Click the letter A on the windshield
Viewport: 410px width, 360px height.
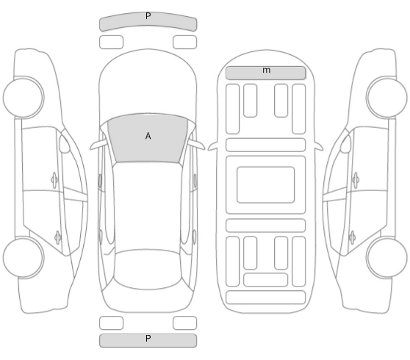tap(148, 136)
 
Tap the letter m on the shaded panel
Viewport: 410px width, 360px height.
tap(266, 70)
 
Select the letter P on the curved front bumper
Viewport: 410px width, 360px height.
tap(148, 16)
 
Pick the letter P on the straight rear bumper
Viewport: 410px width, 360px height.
tap(148, 339)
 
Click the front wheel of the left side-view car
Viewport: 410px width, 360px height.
tap(24, 97)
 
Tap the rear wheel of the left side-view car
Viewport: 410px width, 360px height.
tap(24, 258)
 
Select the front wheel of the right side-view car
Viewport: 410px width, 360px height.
tap(386, 97)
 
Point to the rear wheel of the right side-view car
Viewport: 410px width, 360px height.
tap(386, 258)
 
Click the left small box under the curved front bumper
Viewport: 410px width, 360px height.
tap(111, 42)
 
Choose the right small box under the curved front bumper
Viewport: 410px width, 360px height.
tap(184, 42)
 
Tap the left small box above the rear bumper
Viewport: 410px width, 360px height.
tap(111, 323)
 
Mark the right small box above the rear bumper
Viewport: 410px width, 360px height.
tap(184, 323)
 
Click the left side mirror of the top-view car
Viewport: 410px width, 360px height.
tap(97, 145)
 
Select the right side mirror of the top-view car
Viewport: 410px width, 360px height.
tap(197, 145)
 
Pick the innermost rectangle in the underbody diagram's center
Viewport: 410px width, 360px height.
tap(266, 184)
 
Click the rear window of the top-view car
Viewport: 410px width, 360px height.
tap(148, 270)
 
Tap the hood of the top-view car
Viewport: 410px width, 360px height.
tap(148, 84)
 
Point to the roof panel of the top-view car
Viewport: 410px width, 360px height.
tap(148, 206)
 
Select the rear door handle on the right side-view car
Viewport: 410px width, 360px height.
tap(352, 237)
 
